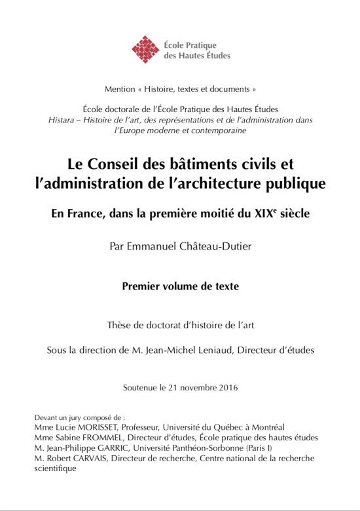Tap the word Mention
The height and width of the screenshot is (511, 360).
[119, 88]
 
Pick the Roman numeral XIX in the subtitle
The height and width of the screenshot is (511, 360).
[263, 213]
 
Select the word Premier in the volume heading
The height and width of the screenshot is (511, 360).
[143, 286]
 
